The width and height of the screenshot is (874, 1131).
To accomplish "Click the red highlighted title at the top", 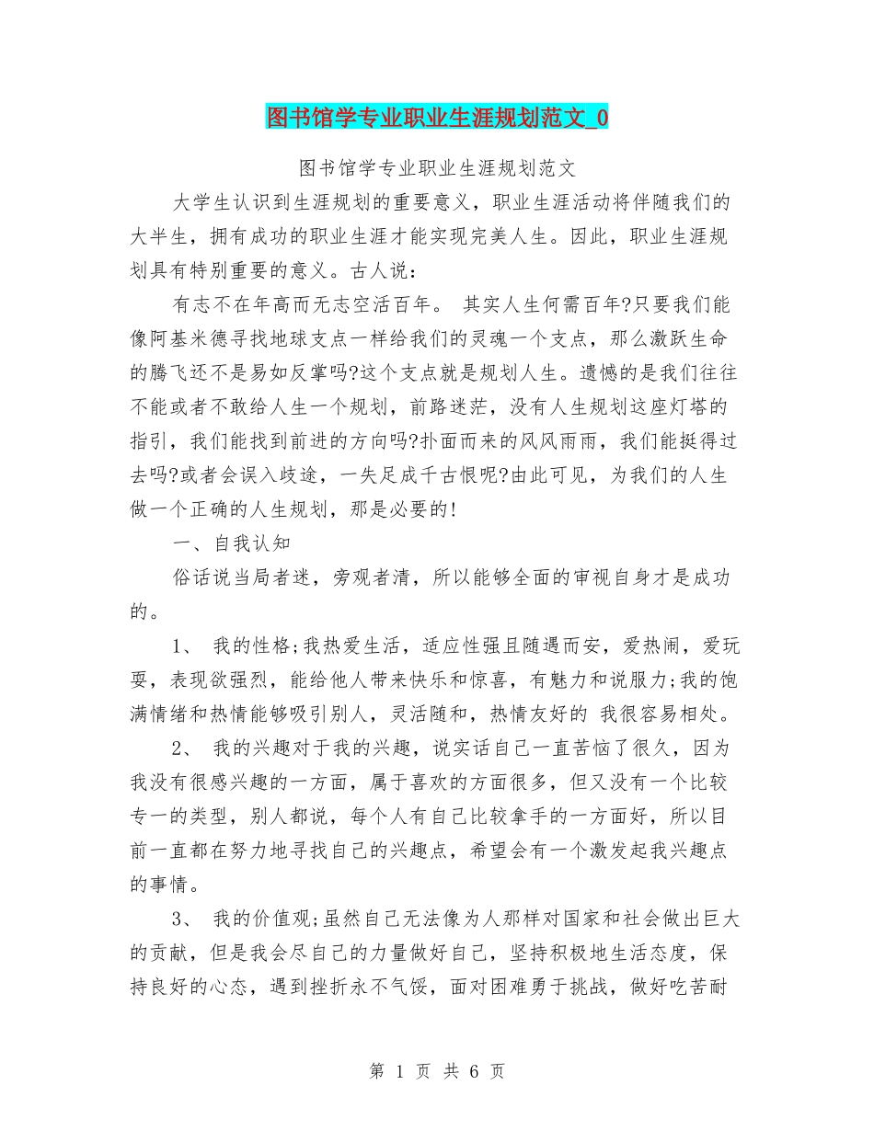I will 437,118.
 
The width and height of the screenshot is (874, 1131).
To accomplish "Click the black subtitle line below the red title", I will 437,168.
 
